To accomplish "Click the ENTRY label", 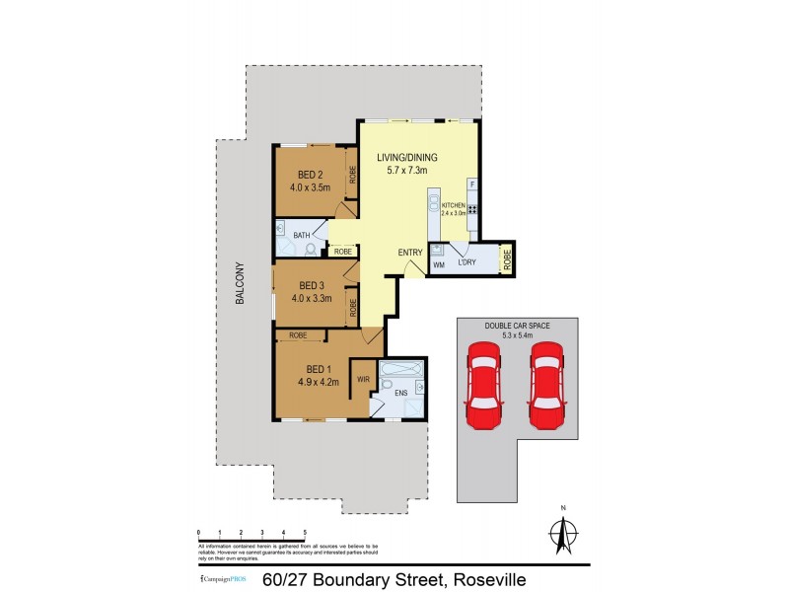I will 410,252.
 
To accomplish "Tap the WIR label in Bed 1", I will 363,378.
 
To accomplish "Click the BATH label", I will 301,235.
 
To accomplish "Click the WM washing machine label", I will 439,264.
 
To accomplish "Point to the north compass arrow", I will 563,534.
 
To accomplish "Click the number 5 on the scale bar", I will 306,531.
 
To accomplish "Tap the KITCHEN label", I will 453,205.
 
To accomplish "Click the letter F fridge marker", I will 472,185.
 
